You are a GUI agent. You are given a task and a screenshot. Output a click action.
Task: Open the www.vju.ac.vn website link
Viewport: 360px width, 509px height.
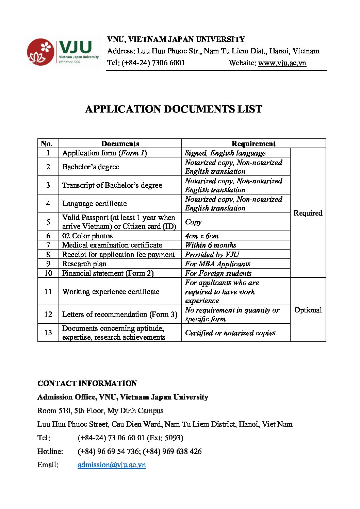point(282,63)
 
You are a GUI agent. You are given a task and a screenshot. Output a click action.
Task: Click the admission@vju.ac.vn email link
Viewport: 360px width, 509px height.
point(112,465)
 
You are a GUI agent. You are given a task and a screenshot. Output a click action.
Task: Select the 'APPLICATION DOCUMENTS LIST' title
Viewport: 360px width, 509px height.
point(174,109)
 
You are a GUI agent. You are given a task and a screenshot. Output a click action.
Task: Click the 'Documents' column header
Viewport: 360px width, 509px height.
point(120,143)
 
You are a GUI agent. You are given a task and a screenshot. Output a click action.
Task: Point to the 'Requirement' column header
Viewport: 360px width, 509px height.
point(253,143)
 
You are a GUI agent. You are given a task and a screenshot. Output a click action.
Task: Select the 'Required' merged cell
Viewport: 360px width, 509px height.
point(308,213)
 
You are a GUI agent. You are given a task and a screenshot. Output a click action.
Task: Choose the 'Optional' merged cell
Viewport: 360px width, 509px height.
point(308,310)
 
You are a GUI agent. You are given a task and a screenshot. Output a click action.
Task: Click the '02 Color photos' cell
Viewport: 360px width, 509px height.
point(87,236)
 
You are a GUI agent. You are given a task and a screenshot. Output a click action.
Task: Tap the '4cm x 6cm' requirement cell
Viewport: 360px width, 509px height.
point(202,236)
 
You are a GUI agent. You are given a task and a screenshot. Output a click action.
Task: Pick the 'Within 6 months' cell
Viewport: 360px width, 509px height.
point(211,245)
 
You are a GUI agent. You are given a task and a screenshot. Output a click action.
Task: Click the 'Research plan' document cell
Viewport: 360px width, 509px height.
point(84,264)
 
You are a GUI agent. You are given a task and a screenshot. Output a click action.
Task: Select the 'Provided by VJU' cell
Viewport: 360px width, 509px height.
point(212,254)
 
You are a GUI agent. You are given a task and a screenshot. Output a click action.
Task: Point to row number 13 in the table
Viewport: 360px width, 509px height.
point(48,333)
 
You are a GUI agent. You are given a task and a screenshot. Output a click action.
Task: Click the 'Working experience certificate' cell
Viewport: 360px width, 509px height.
point(111,291)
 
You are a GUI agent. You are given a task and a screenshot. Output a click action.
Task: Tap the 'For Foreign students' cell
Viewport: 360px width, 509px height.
point(218,273)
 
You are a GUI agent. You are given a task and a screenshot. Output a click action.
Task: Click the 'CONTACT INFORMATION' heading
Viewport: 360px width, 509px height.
point(87,383)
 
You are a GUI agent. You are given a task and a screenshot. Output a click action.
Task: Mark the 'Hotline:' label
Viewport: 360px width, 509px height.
point(50,451)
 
